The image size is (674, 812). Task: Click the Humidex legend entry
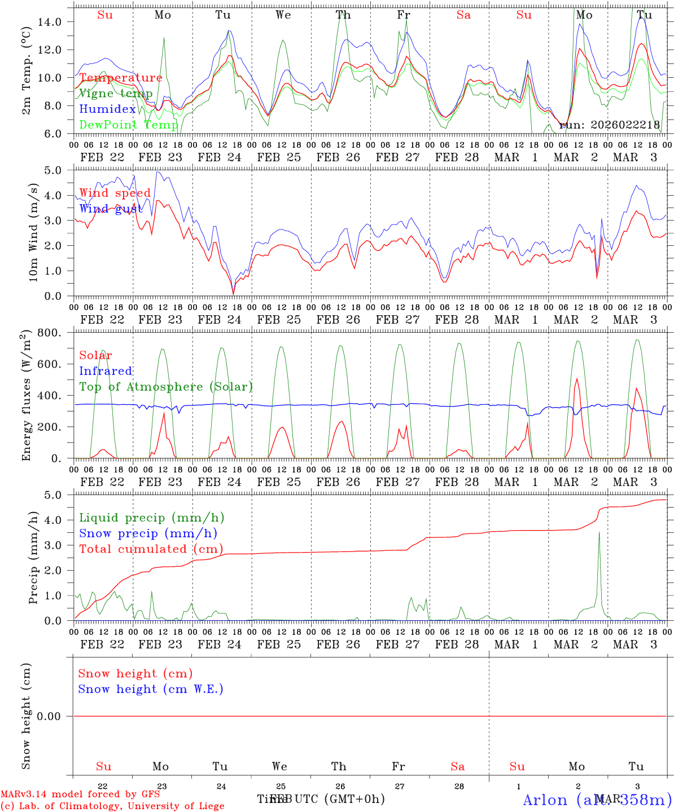pos(107,109)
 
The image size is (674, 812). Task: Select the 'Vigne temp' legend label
pos(116,94)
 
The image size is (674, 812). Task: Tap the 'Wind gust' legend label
pos(111,209)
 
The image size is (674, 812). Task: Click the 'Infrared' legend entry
pos(106,371)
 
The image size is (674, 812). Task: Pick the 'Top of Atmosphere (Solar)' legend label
pos(166,387)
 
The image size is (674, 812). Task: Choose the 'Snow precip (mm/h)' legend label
pos(148,533)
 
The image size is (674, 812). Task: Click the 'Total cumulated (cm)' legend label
pos(151,549)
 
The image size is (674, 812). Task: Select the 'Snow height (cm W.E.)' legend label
pos(151,689)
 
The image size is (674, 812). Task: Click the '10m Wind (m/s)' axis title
pos(33,232)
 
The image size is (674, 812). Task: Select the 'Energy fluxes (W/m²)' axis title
pos(26,396)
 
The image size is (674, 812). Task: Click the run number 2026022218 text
pos(609,125)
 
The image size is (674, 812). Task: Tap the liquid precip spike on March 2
pos(599,533)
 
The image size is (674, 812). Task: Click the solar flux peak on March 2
pos(576,379)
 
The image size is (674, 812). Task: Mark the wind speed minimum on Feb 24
pos(233,293)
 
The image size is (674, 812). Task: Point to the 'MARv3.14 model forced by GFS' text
pos(80,795)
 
